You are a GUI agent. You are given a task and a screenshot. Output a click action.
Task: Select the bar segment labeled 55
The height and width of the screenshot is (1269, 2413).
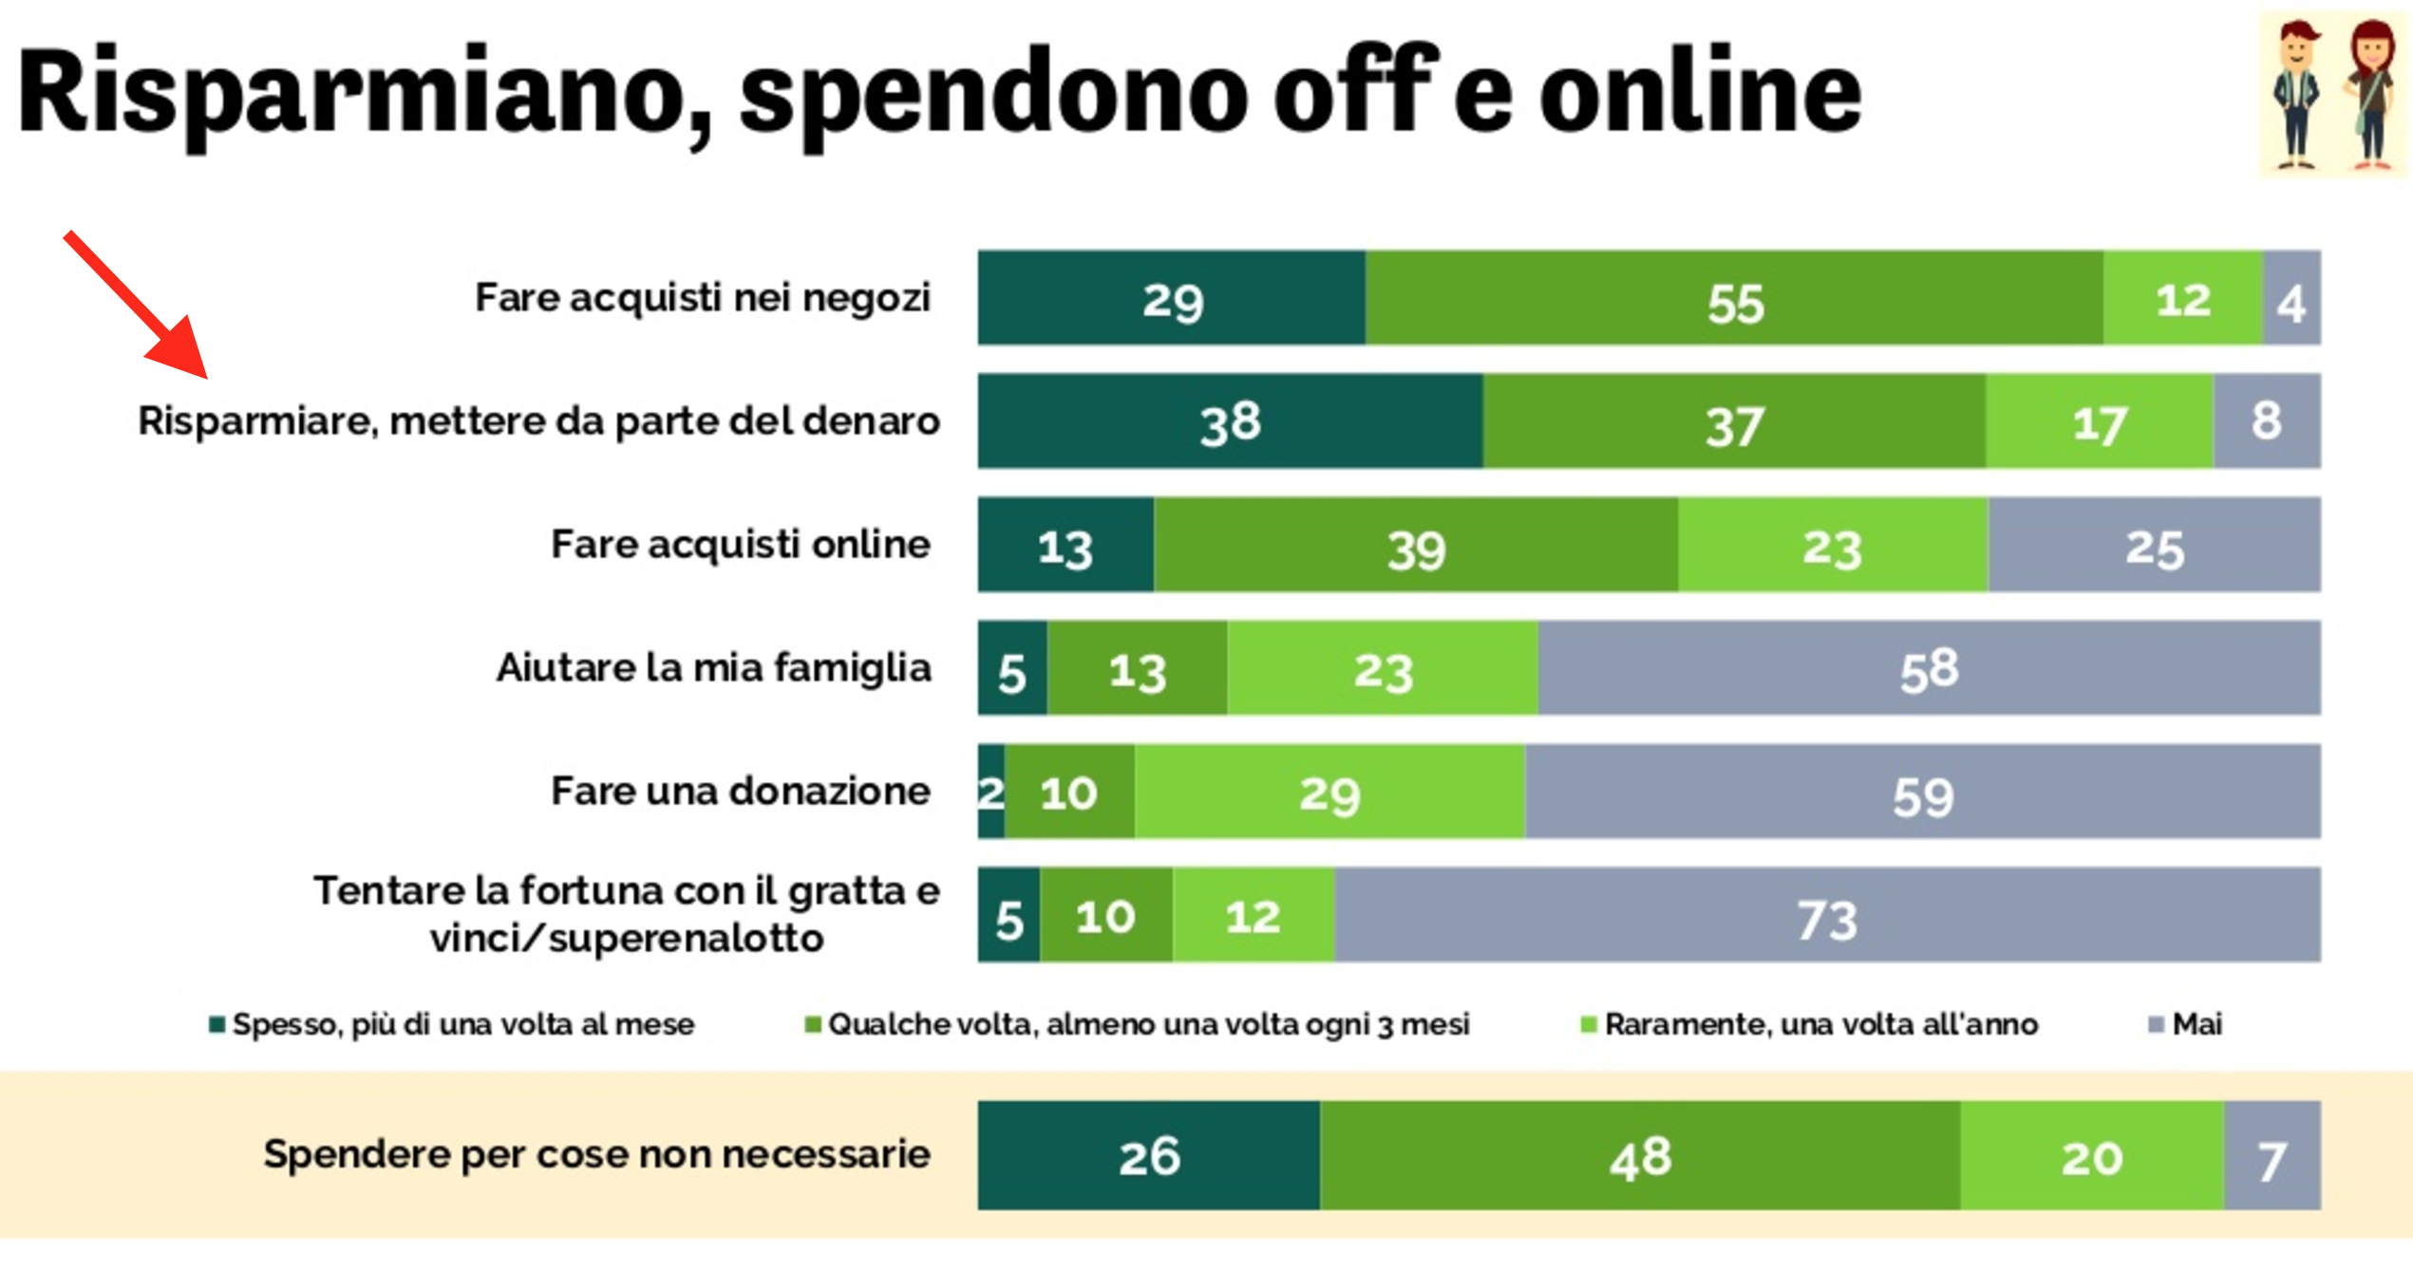pyautogui.click(x=1734, y=299)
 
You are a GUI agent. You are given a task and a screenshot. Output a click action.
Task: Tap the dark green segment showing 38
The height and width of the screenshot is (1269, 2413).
pyautogui.click(x=1230, y=421)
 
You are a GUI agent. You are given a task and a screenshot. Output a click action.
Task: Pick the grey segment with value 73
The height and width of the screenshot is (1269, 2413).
pyautogui.click(x=1826, y=916)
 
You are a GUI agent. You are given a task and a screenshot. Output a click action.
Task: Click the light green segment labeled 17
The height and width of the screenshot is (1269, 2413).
pyautogui.click(x=2099, y=421)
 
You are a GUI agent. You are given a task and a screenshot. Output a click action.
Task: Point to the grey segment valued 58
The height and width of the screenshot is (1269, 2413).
pyautogui.click(x=1928, y=668)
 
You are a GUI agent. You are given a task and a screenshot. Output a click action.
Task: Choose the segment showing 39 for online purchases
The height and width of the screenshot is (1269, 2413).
pyautogui.click(x=1415, y=546)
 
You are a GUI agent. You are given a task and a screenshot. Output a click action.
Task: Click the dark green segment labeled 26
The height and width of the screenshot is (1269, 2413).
pyautogui.click(x=1148, y=1155)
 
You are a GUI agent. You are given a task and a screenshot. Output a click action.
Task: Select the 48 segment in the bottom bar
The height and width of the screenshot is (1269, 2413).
pyautogui.click(x=1639, y=1155)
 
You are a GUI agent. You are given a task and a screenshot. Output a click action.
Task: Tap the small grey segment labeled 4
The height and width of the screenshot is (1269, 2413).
pyautogui.click(x=2290, y=299)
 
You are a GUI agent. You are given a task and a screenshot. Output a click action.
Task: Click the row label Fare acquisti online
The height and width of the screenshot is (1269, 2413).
pyautogui.click(x=740, y=545)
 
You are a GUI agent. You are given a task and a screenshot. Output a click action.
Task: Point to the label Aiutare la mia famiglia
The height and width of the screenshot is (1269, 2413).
pyautogui.click(x=713, y=668)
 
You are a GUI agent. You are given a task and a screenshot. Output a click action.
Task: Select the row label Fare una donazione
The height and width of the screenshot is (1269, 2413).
pyautogui.click(x=740, y=792)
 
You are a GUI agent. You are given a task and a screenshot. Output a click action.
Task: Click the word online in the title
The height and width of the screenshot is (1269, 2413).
pyautogui.click(x=1700, y=92)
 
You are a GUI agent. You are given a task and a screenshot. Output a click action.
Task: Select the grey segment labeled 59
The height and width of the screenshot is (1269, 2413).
pyautogui.click(x=1922, y=793)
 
